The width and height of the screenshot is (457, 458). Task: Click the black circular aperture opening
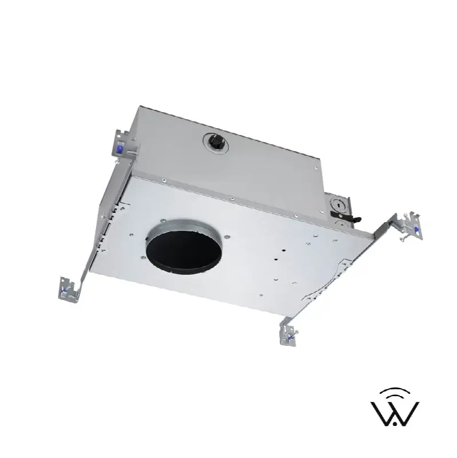click(x=184, y=252)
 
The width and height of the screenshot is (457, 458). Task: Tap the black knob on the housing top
click(x=216, y=143)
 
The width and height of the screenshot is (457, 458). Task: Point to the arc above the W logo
click(x=395, y=392)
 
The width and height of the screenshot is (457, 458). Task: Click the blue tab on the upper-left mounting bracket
click(x=120, y=149)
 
